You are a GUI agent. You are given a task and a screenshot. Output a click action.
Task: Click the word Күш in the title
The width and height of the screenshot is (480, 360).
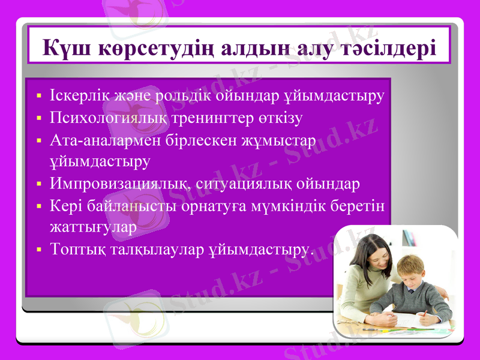63,47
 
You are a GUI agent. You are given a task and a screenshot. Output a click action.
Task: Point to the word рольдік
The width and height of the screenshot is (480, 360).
181,95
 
